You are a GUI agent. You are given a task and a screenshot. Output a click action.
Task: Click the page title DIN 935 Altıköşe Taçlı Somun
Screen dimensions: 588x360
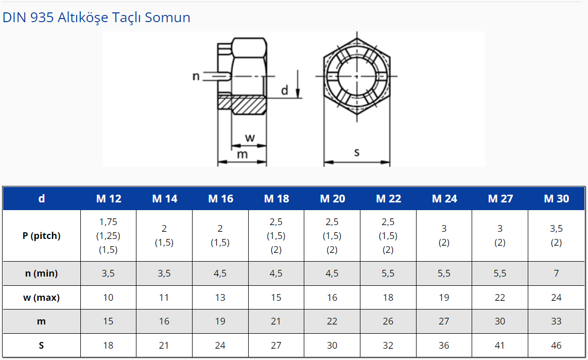tap(96, 17)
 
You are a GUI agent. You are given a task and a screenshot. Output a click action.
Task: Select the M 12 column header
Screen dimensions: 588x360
tap(109, 198)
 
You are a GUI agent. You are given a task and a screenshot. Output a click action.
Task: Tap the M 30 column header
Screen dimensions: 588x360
tap(557, 198)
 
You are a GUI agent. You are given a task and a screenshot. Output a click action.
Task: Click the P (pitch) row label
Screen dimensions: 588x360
tap(41, 236)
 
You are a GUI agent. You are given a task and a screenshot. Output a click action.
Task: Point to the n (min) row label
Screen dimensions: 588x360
tap(41, 273)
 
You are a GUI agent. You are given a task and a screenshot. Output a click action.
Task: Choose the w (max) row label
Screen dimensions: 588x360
tap(41, 297)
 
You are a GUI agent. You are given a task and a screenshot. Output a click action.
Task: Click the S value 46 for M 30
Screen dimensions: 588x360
tap(556, 346)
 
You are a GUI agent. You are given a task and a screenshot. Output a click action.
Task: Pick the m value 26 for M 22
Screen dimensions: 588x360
tap(388, 321)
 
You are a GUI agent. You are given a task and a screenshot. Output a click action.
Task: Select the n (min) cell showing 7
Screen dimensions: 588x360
tap(556, 273)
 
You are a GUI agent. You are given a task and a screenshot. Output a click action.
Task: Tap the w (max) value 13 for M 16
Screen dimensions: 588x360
tap(220, 297)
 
